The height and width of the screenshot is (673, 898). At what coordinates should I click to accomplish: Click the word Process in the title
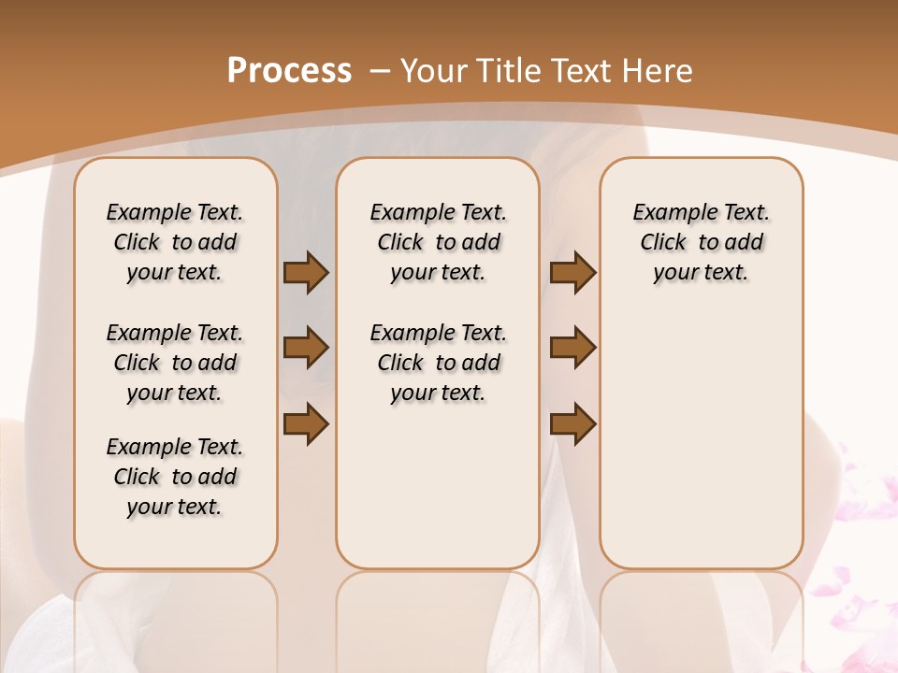point(289,71)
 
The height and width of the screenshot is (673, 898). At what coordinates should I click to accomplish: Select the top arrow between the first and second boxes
point(305,272)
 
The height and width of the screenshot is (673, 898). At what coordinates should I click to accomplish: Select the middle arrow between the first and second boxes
point(305,348)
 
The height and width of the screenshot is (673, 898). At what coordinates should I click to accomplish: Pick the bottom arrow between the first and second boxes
point(305,423)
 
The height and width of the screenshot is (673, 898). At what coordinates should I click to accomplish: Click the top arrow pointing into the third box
point(572,272)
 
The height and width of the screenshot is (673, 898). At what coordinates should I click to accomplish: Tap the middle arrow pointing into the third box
point(572,348)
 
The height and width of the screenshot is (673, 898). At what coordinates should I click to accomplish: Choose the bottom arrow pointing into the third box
point(572,423)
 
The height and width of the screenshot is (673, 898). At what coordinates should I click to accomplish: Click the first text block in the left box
point(175,242)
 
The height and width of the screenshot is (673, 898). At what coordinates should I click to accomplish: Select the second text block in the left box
point(175,363)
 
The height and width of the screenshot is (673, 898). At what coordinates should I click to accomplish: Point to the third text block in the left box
point(175,477)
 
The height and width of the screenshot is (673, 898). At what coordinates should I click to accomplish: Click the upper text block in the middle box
point(438,242)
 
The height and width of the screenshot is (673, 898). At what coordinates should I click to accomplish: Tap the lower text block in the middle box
point(438,363)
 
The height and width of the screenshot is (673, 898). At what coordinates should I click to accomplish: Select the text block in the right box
point(701,242)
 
